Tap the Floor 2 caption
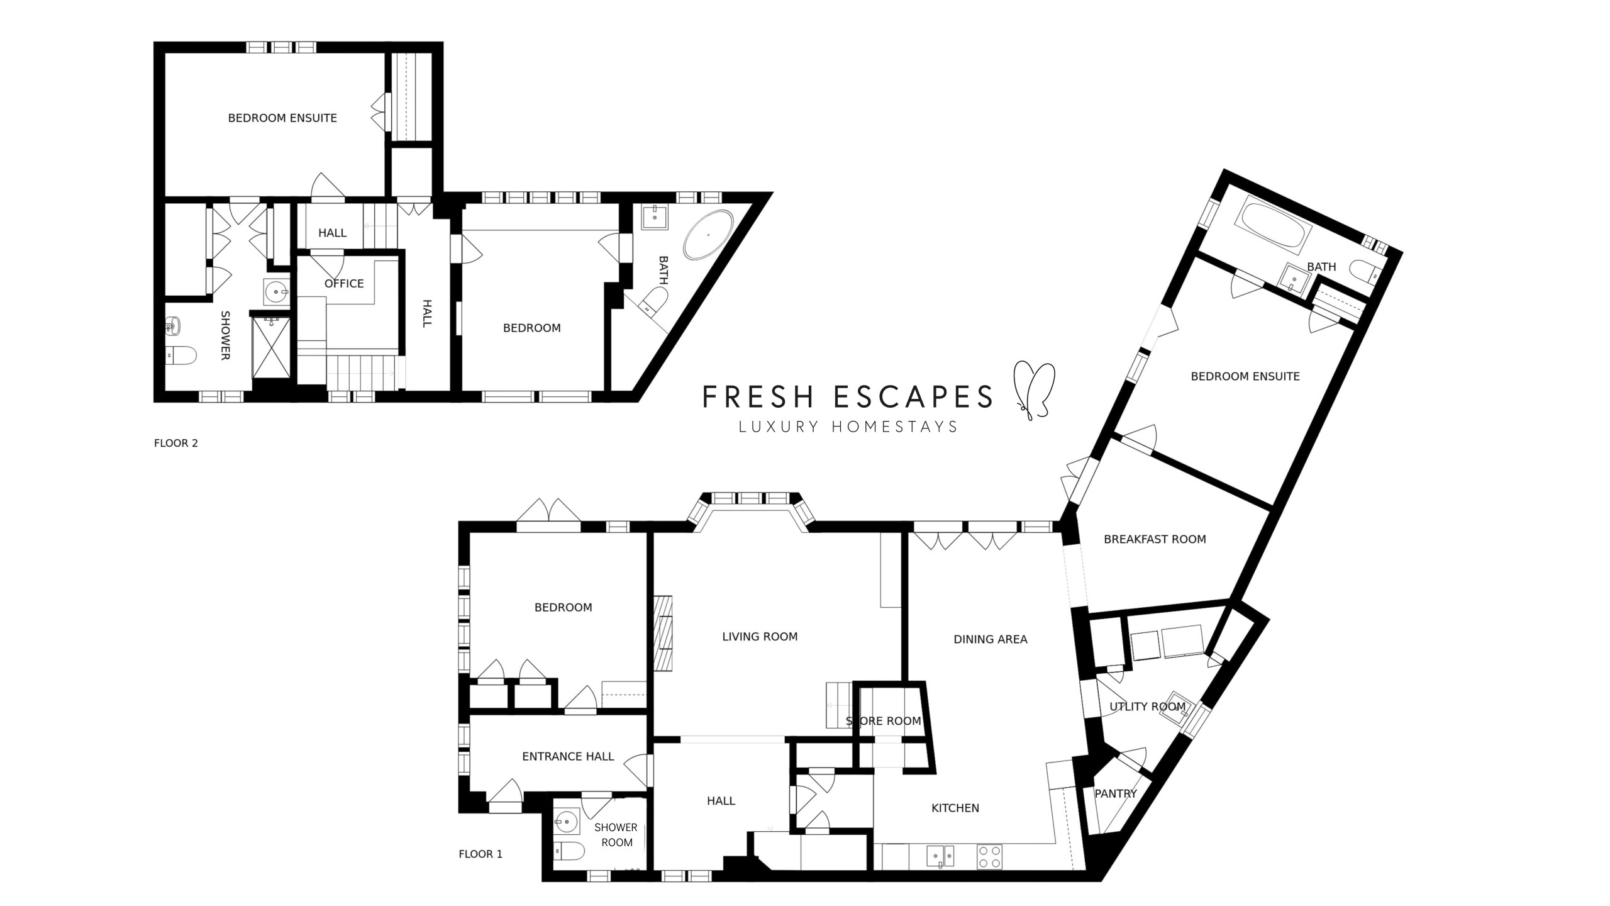pyautogui.click(x=176, y=443)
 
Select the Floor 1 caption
pyautogui.click(x=480, y=854)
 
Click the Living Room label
pyautogui.click(x=760, y=637)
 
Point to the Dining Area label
pyautogui.click(x=991, y=639)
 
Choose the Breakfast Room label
pyautogui.click(x=1155, y=539)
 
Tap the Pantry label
pyautogui.click(x=1116, y=794)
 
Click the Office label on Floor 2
pyautogui.click(x=344, y=284)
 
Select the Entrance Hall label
pyautogui.click(x=568, y=757)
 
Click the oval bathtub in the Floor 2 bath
pyautogui.click(x=708, y=235)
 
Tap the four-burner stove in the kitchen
pyautogui.click(x=990, y=857)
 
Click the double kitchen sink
pyautogui.click(x=940, y=856)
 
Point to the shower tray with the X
pyautogui.click(x=272, y=348)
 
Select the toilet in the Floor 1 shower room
pyautogui.click(x=570, y=852)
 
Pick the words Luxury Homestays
pyautogui.click(x=848, y=427)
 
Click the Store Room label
pyautogui.click(x=884, y=721)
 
